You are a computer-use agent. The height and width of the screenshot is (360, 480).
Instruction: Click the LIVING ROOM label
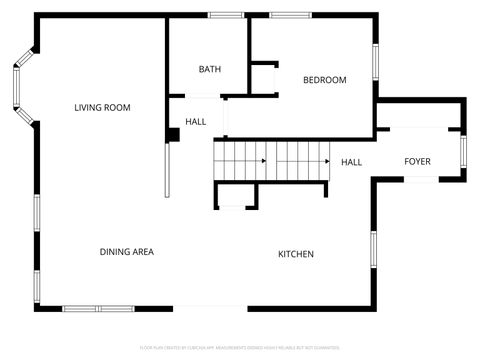click(x=102, y=108)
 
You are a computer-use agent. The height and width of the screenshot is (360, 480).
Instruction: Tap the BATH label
click(x=210, y=69)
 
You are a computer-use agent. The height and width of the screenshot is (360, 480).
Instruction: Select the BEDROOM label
click(x=325, y=80)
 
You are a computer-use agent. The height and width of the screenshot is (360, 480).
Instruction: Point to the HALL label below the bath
click(x=196, y=121)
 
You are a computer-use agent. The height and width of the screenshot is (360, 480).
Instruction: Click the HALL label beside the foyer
click(x=351, y=162)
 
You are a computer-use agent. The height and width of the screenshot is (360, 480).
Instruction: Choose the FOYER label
click(x=418, y=162)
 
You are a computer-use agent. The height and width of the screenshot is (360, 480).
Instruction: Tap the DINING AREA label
click(x=126, y=252)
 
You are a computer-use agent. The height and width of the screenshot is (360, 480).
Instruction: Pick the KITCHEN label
click(x=296, y=254)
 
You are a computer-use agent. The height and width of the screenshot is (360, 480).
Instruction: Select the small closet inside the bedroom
click(x=263, y=79)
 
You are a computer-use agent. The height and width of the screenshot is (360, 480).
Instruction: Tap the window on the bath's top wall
click(x=226, y=15)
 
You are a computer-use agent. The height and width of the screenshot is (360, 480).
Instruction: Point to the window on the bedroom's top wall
click(x=290, y=15)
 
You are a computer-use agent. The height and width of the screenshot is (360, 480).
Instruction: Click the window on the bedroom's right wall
click(x=376, y=60)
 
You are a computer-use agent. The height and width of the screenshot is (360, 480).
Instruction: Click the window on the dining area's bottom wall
click(x=97, y=307)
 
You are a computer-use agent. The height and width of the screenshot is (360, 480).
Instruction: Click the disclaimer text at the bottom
click(x=239, y=346)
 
